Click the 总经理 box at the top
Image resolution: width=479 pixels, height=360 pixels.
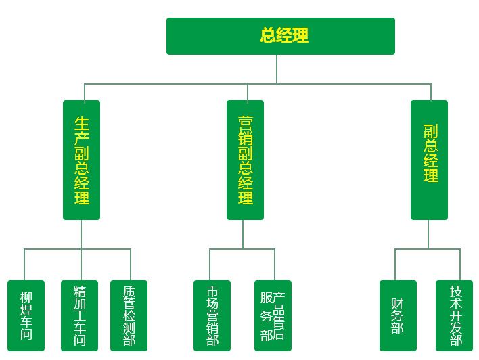point(280,36)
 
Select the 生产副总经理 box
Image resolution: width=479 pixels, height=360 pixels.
point(81,160)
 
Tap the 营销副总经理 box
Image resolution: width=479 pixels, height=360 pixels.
point(245,160)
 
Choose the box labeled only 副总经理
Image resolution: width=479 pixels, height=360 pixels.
point(429,160)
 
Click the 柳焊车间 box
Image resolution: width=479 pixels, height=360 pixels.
point(26,315)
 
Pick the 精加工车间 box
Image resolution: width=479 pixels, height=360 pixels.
point(79,315)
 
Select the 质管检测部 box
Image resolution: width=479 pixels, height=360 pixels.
point(129,315)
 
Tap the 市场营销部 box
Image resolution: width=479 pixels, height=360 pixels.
point(212,315)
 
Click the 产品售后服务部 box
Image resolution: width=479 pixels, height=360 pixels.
point(273,315)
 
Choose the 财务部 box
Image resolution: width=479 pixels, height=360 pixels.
point(397,315)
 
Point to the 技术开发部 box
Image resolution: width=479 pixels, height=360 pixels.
point(455,315)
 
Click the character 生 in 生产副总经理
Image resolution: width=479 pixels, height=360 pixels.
point(81,123)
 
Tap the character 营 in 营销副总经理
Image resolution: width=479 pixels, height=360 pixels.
point(245,123)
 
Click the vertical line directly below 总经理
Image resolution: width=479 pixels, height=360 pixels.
point(277,68)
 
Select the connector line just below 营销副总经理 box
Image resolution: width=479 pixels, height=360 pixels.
point(243,234)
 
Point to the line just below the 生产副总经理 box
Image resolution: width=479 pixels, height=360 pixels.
point(81,234)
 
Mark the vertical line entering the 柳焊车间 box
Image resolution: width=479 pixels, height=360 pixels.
point(24,265)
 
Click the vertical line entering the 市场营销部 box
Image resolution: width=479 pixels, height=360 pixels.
point(210,265)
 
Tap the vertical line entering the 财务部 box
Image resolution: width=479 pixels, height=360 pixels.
point(396,265)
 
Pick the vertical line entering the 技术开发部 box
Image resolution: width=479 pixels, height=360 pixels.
point(460,265)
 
